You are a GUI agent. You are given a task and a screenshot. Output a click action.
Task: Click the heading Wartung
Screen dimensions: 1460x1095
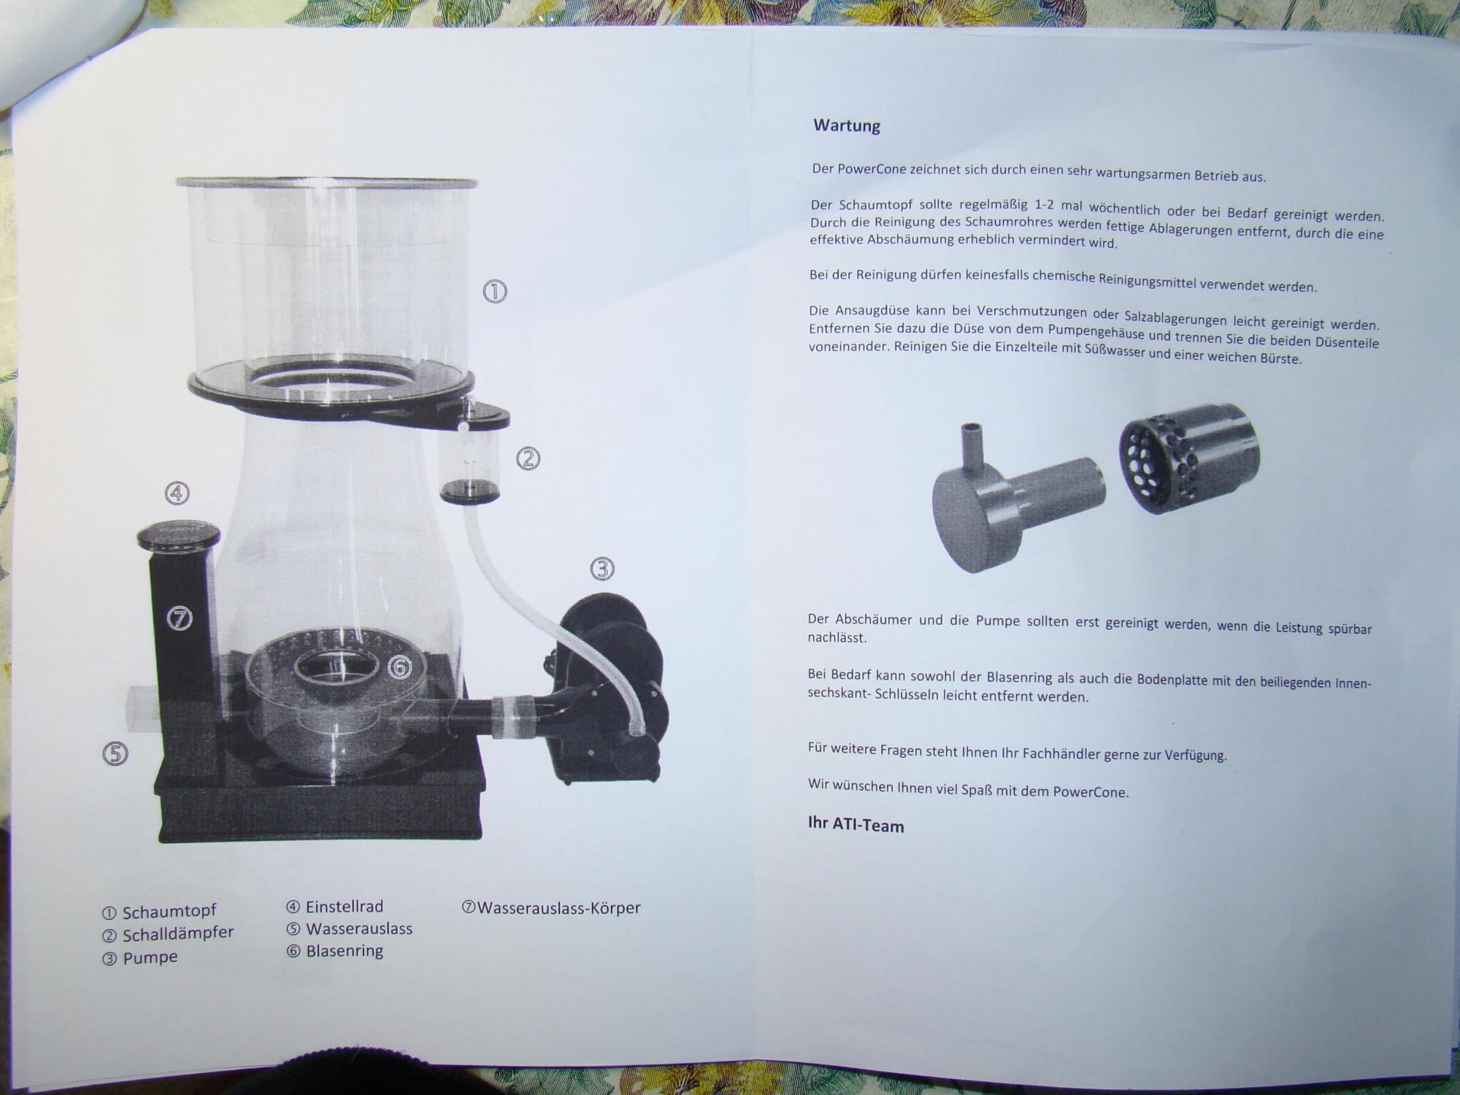(x=847, y=126)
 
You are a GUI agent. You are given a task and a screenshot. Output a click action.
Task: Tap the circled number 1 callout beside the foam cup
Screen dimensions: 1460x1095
(x=495, y=292)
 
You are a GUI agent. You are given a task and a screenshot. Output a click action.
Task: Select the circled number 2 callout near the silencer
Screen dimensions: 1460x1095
(x=529, y=458)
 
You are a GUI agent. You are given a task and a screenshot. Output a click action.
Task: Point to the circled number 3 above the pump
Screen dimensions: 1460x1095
(x=602, y=568)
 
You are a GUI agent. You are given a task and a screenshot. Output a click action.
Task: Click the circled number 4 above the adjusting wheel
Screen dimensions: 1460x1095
(x=177, y=493)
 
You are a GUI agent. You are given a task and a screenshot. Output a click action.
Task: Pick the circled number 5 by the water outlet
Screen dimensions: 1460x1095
(x=115, y=753)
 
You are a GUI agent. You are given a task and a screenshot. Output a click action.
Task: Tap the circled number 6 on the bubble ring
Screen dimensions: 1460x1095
(x=399, y=666)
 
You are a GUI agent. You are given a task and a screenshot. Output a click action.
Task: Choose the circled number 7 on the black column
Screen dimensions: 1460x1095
(x=180, y=619)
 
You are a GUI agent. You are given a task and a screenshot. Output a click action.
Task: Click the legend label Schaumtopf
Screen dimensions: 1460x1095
(x=169, y=912)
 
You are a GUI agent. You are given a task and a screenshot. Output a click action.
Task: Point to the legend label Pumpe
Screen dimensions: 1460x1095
(x=150, y=958)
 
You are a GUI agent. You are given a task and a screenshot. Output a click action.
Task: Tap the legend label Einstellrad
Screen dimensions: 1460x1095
(x=345, y=907)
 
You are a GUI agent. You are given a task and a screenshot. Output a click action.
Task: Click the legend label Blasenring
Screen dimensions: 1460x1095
(x=345, y=951)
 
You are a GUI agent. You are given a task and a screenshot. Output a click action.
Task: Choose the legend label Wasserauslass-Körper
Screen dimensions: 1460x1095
(x=559, y=908)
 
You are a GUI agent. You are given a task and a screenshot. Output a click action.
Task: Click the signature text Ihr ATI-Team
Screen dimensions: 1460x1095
(x=856, y=825)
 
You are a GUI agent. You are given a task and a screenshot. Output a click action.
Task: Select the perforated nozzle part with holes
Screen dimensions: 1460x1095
(x=1190, y=458)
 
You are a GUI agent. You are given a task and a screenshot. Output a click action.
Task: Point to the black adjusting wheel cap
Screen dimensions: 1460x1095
(x=178, y=537)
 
